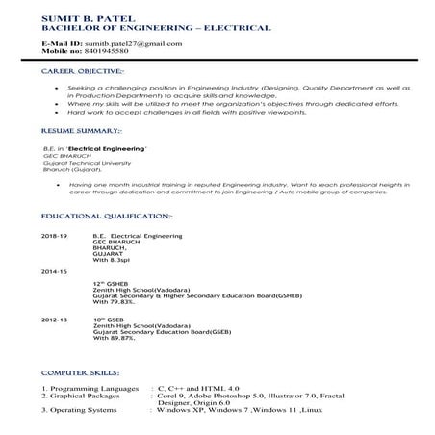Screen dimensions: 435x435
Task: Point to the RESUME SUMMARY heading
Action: coord(82,128)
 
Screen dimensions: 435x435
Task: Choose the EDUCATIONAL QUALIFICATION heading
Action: coord(107,216)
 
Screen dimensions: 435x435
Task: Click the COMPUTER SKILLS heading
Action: coord(81,371)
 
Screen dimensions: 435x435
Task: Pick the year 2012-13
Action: coord(55,317)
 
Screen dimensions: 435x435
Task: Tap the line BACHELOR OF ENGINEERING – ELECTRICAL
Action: coord(141,28)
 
